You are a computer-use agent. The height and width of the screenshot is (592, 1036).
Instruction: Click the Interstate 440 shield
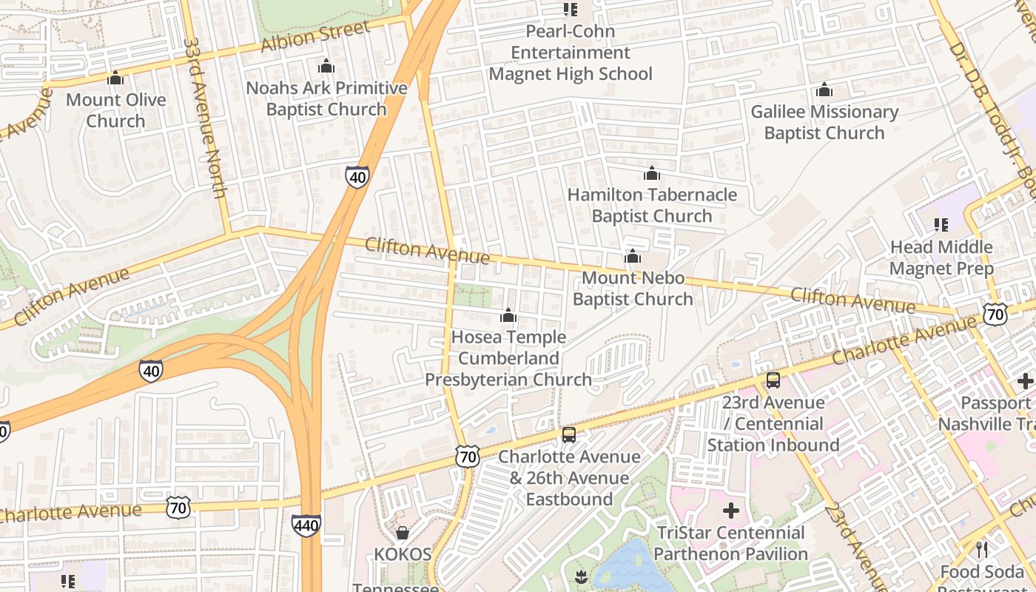click(306, 525)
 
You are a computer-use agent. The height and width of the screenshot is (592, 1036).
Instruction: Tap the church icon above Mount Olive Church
click(115, 78)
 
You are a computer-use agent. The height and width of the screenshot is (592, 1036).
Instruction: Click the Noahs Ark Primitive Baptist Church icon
click(326, 67)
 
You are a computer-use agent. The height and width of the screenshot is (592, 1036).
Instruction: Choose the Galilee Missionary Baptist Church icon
click(824, 90)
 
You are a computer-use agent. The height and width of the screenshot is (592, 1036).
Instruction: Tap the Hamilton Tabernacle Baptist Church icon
click(651, 173)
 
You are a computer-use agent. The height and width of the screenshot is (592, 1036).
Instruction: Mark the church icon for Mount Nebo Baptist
click(632, 256)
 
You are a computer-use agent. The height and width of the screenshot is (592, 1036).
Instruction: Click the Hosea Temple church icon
click(508, 316)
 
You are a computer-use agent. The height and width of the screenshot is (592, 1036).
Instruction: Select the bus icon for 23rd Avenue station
click(773, 380)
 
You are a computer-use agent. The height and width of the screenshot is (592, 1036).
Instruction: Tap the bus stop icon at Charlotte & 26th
click(568, 434)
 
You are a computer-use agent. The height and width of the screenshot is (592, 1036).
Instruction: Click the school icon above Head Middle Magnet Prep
click(941, 224)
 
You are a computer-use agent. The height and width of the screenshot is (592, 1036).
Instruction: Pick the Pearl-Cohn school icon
click(570, 10)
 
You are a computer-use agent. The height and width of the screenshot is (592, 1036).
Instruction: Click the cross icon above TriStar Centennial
click(730, 511)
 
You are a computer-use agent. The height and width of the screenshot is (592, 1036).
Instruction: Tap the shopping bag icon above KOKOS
click(403, 533)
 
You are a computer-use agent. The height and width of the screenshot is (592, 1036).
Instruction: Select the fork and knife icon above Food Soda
click(981, 549)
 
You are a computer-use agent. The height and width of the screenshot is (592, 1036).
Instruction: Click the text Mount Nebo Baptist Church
click(633, 289)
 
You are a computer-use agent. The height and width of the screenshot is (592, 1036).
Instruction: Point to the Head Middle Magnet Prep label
click(941, 258)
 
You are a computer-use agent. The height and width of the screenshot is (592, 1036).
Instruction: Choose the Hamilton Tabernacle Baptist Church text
click(652, 206)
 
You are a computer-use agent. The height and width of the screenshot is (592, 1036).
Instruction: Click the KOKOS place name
click(403, 554)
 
